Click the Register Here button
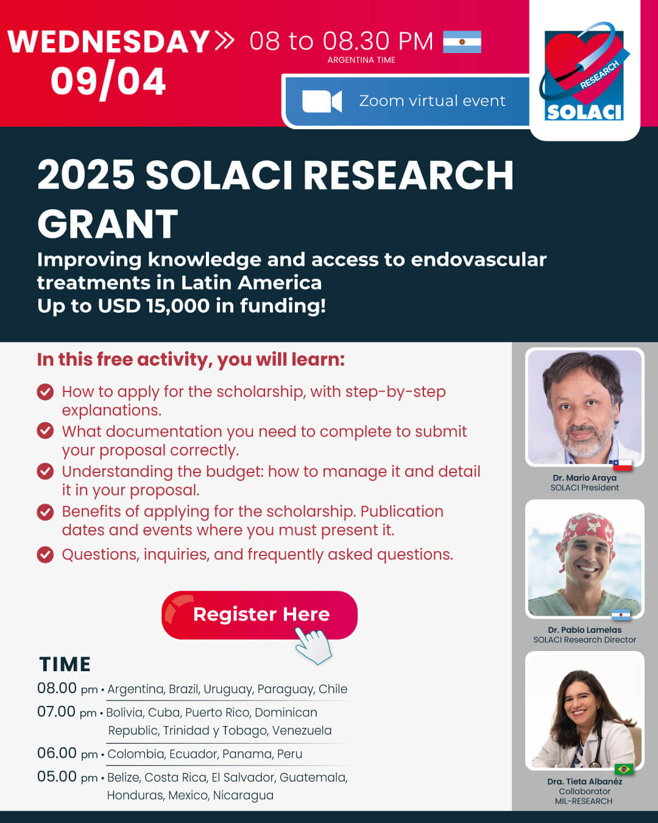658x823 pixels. click(259, 615)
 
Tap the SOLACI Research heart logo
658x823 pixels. click(584, 72)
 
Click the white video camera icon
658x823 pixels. click(322, 101)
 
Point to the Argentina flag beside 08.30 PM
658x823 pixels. click(462, 41)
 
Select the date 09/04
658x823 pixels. click(108, 81)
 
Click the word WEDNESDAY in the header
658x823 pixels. click(108, 41)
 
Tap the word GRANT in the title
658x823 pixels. click(108, 224)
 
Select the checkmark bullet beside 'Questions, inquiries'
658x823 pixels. click(45, 555)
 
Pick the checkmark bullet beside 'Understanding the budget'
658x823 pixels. click(45, 471)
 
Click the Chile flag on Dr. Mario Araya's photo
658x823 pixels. click(623, 465)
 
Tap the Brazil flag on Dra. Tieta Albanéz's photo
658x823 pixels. click(624, 769)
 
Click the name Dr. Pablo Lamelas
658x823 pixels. click(585, 630)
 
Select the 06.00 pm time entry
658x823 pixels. click(67, 754)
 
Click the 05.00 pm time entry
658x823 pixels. click(67, 777)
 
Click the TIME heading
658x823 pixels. click(65, 664)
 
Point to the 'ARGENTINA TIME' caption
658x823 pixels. click(361, 60)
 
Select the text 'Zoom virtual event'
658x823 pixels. click(432, 101)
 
